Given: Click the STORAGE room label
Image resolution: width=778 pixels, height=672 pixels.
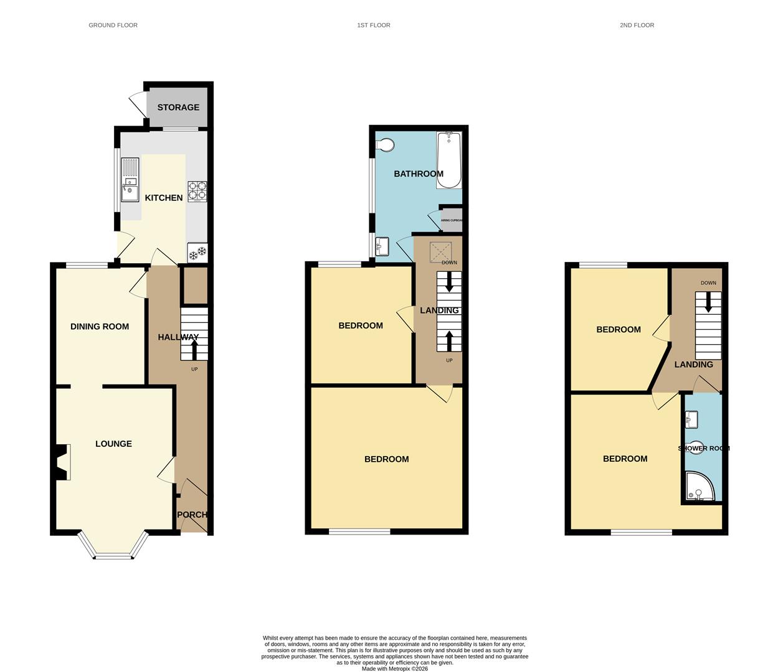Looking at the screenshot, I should pos(178,107).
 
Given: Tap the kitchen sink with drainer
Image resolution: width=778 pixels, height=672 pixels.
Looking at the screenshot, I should pos(130,180).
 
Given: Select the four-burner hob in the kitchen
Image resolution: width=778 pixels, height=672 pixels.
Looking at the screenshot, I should pos(197,191).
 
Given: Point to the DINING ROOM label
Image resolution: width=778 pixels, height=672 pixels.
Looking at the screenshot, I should pos(100,326).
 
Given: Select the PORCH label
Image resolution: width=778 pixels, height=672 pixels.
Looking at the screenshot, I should pos(192,515).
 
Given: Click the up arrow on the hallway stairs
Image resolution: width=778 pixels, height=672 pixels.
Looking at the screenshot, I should pos(194,352).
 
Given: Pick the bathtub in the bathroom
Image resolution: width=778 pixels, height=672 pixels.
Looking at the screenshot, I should pos(448,160).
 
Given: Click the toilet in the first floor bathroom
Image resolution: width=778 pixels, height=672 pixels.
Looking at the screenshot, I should pos(386,145).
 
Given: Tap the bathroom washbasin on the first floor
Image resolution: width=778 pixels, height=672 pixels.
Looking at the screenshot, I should pos(382,247).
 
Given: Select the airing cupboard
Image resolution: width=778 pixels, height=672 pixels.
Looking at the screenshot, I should pos(451,220).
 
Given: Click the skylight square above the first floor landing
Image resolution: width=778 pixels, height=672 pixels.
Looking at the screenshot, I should pos(440,252).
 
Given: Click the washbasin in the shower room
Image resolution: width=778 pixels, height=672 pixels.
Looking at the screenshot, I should pos(691,421).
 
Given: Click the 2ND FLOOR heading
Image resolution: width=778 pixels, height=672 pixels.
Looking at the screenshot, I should pos(637,25).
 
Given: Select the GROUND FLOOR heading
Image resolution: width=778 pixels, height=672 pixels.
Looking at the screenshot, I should pos(113,25).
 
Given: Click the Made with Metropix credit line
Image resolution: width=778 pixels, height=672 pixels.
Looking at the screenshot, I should pos(395,669).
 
